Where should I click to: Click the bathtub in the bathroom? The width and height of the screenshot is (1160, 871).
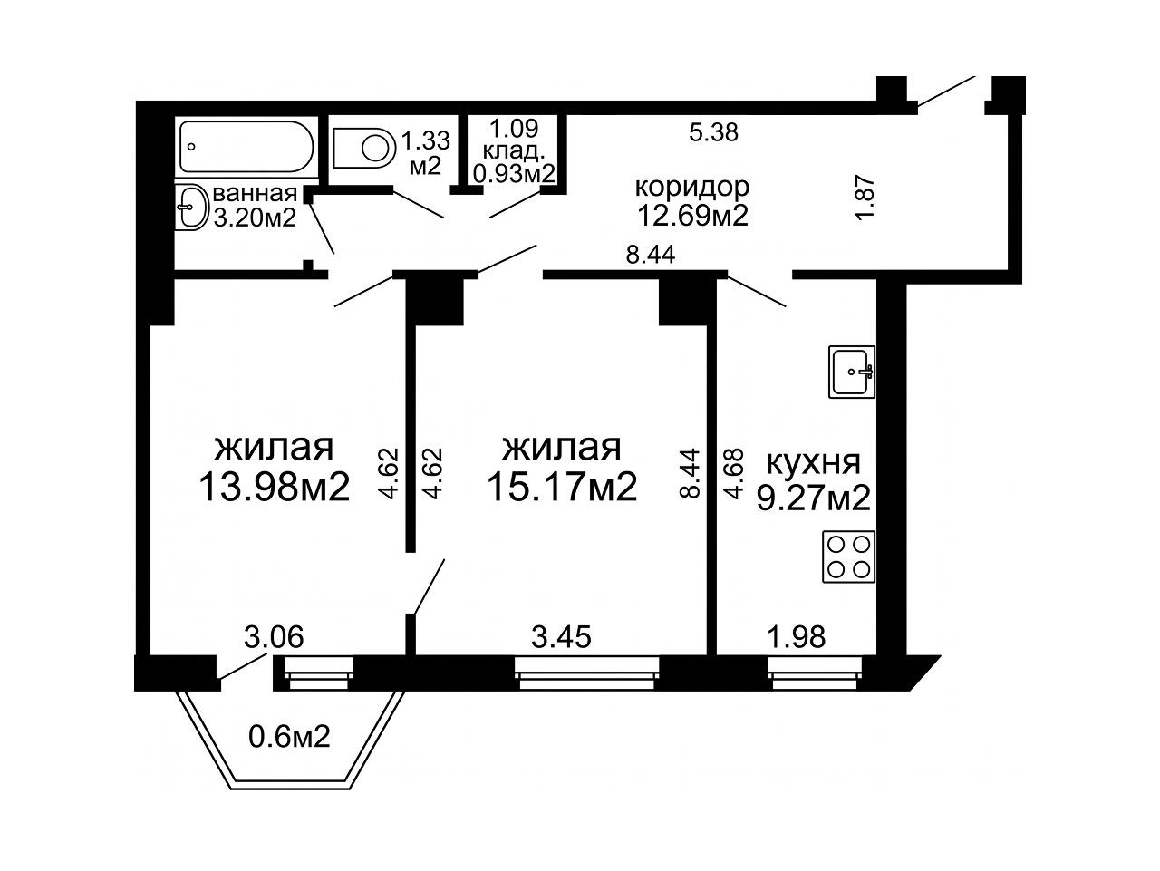coord(246,147)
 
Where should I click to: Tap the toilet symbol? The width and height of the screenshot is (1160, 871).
coord(364,147)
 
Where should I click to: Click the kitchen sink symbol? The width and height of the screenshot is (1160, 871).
coord(851,371)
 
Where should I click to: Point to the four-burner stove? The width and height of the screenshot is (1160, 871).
coord(848,557)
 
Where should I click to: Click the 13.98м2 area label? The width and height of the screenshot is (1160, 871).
coord(275,486)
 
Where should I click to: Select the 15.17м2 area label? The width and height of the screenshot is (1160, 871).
coord(562,486)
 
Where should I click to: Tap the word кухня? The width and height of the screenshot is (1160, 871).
coord(813,463)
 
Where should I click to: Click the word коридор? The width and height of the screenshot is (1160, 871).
coord(692,187)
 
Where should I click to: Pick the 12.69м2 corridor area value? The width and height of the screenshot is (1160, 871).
coord(693,215)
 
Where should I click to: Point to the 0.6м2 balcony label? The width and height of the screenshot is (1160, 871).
coord(289,736)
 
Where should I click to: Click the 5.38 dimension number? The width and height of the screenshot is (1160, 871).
coord(713,131)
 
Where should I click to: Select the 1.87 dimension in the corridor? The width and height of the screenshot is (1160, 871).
coord(867,198)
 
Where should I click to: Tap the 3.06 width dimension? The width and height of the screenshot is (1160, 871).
coord(274,636)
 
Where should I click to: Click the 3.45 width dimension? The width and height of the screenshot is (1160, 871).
coord(561,636)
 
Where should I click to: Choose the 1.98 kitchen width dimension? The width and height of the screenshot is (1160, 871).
coord(796,636)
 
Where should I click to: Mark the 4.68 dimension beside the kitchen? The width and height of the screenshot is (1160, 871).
coord(734,473)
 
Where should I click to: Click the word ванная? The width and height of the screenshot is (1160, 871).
coord(255,194)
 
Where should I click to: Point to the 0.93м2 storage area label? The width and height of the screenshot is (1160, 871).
coord(514,173)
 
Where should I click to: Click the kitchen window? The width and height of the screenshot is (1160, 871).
coord(815,673)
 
